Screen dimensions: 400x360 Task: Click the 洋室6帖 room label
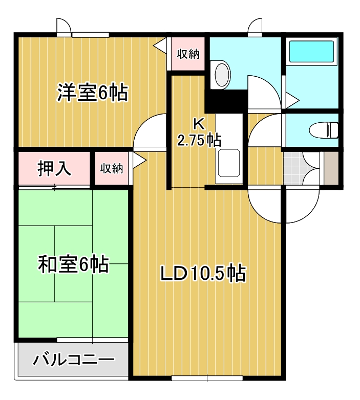(92, 93)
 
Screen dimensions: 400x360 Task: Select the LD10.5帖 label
(203, 274)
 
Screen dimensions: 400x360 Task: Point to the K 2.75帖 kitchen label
(199, 132)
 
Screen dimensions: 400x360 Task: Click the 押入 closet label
(55, 168)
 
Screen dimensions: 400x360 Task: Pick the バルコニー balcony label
(74, 360)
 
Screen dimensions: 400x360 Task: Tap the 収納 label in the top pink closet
(188, 53)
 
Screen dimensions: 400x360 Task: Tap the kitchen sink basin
(229, 163)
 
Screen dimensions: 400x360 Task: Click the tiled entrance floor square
(293, 168)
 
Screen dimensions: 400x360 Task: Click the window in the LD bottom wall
(207, 379)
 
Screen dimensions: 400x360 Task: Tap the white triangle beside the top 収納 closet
(160, 46)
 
